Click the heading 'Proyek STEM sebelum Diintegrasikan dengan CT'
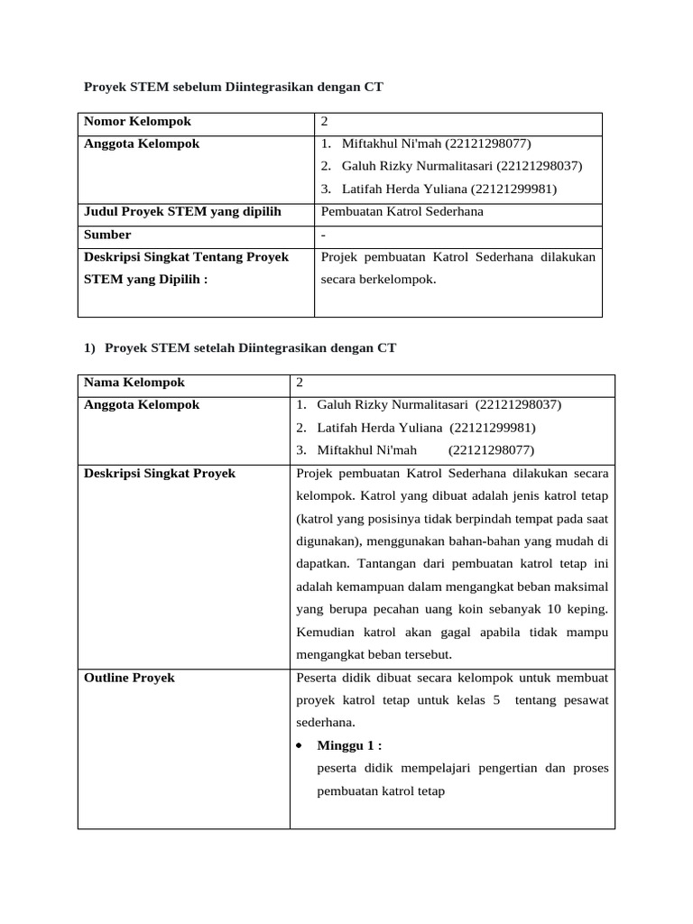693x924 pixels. pos(234,87)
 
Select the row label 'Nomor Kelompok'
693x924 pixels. pos(137,122)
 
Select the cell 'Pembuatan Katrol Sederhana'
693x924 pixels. pos(402,212)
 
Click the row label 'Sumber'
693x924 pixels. pos(107,235)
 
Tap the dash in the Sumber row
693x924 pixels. pos(323,235)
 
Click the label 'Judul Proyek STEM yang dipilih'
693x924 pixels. pos(182,212)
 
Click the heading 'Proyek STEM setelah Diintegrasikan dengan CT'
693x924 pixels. pos(250,347)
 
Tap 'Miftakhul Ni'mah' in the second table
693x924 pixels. pos(367,450)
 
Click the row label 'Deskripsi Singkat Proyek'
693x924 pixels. pos(160,474)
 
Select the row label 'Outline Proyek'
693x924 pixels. pos(129,678)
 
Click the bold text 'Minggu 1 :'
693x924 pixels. pos(349,745)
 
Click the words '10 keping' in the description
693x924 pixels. pos(580,609)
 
